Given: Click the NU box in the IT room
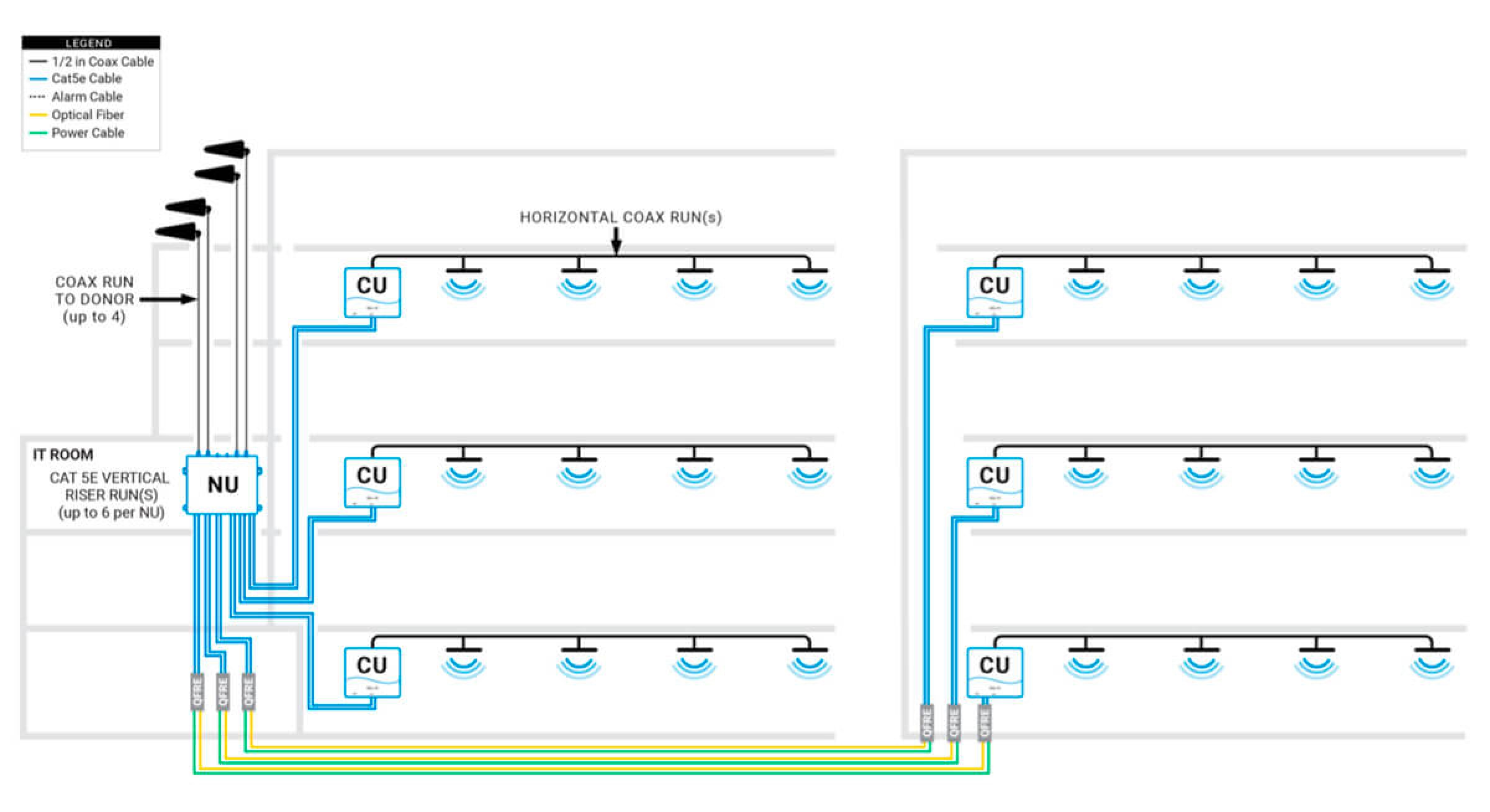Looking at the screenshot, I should [x=222, y=484].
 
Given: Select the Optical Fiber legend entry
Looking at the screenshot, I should [x=88, y=115].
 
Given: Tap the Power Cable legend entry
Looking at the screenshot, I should [x=88, y=133].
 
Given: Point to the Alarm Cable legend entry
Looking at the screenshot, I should [x=86, y=97].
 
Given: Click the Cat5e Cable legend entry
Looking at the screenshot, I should [x=86, y=79].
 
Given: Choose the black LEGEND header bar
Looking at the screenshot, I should [x=91, y=43].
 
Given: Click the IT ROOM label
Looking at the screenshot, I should [x=63, y=454].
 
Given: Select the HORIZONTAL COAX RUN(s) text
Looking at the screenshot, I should [x=620, y=217].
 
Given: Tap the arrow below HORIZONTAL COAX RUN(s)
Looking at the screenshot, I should [x=616, y=242].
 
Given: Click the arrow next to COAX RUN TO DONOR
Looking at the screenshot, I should [x=168, y=299].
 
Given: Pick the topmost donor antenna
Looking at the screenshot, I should [x=226, y=150].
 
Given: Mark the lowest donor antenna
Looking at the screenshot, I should [x=178, y=232].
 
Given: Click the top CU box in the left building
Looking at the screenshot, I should [x=372, y=292].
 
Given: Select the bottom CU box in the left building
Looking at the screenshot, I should [x=372, y=672].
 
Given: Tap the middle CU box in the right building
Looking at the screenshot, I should [x=995, y=482].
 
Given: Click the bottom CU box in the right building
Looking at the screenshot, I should [x=995, y=672].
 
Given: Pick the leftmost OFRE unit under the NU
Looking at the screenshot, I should [x=197, y=692].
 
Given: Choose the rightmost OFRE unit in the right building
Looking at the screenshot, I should [x=984, y=723].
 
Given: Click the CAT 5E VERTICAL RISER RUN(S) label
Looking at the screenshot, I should [x=110, y=495].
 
